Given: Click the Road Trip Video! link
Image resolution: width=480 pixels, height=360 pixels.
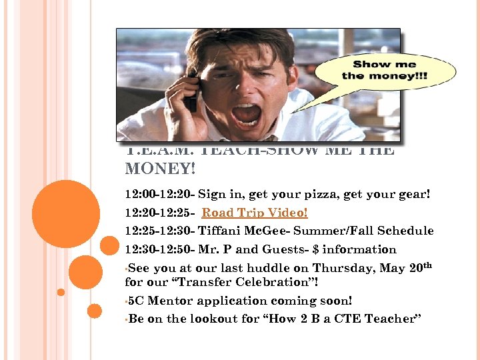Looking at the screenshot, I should [x=255, y=213].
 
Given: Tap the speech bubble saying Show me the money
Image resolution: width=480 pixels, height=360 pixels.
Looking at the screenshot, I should [x=385, y=71].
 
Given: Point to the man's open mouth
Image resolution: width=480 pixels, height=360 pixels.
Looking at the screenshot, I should [x=246, y=113].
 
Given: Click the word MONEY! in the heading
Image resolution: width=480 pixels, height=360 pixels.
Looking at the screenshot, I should [x=160, y=169].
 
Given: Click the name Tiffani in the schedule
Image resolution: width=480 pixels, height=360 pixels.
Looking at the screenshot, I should [x=221, y=231].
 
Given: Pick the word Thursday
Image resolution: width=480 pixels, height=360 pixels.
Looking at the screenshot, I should [x=317, y=268].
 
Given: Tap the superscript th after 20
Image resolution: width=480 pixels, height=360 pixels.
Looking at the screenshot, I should [x=427, y=265].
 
